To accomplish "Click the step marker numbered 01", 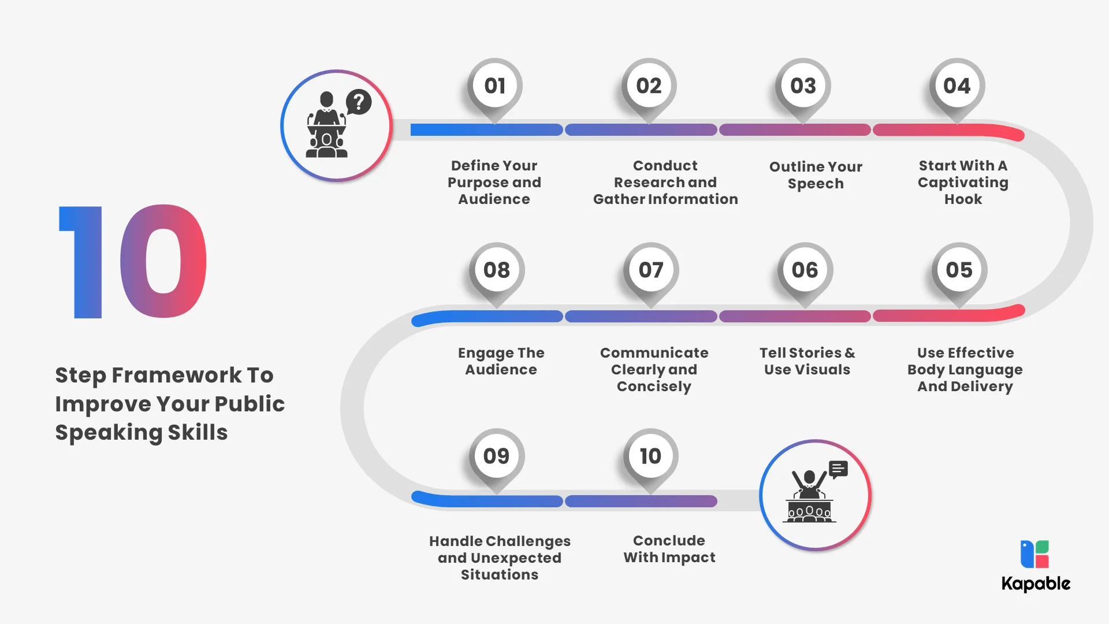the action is click(495, 87).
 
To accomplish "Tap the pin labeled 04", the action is click(957, 87).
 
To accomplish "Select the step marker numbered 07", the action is click(651, 270).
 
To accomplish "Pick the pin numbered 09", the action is click(497, 456).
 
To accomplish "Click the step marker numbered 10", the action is click(650, 456).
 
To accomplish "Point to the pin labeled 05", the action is click(959, 270).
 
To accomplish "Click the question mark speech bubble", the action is click(359, 102).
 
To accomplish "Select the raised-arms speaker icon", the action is click(815, 495).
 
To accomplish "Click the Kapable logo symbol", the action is click(1034, 555).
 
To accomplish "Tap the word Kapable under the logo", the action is click(1036, 584).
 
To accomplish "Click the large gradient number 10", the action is click(133, 261).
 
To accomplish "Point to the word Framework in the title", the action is click(177, 375).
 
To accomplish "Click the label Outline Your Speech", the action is click(816, 175).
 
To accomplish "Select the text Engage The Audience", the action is click(501, 361).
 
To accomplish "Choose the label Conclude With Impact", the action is click(669, 549).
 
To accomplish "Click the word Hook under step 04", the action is click(963, 199).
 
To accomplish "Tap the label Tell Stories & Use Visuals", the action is click(807, 361).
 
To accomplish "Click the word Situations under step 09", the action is click(500, 575).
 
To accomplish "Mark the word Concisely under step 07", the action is click(654, 387).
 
